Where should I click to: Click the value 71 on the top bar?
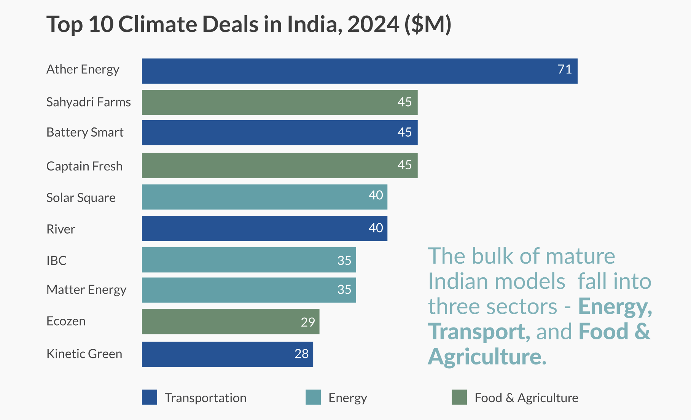tap(565, 69)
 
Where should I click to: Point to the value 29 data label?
tap(307, 322)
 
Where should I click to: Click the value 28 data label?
tap(301, 354)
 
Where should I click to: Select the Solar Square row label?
tap(81, 198)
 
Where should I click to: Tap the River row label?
tap(61, 229)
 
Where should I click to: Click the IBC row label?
tap(56, 261)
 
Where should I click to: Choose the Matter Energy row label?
tap(86, 290)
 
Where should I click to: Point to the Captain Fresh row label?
tap(84, 166)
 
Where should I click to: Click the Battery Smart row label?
tap(85, 132)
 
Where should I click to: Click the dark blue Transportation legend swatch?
tap(149, 397)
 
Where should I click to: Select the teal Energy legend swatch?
tap(313, 397)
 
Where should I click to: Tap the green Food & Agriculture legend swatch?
tap(459, 397)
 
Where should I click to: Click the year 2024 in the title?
tap(373, 24)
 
